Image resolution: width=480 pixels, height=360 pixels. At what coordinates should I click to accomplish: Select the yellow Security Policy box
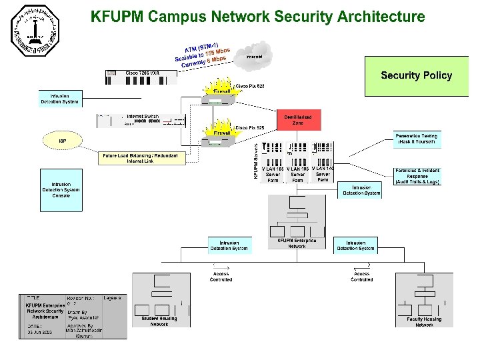tap(416, 76)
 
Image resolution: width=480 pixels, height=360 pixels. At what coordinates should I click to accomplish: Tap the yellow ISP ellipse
tap(63, 141)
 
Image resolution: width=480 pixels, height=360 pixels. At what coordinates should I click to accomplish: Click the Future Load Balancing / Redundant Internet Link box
tap(140, 158)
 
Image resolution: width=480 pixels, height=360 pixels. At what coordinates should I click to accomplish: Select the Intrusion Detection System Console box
tap(61, 189)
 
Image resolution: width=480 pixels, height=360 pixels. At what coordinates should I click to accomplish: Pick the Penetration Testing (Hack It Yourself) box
tap(417, 139)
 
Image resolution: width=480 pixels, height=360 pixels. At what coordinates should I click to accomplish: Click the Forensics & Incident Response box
tap(417, 176)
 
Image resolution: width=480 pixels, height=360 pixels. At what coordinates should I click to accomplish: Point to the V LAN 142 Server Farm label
tap(323, 174)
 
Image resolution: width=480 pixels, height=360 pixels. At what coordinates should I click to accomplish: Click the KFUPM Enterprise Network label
tap(297, 243)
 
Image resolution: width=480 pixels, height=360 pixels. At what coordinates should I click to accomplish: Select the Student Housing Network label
tap(159, 321)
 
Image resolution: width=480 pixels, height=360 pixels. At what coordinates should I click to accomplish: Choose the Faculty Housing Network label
tap(424, 322)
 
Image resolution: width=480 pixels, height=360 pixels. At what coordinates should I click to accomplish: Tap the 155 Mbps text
tap(217, 52)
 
